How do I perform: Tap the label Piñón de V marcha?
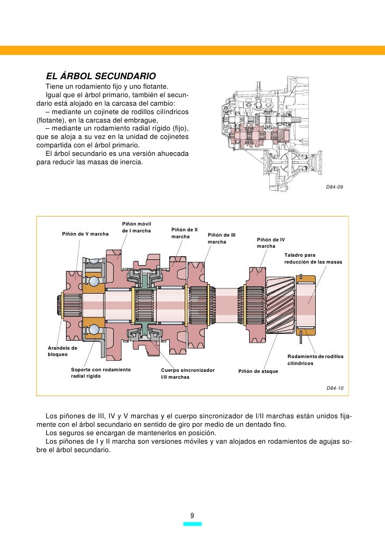[x=85, y=233]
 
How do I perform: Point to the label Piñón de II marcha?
[x=185, y=233]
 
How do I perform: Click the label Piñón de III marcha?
[x=222, y=238]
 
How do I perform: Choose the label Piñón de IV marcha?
[x=271, y=243]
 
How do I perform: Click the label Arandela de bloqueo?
[x=62, y=351]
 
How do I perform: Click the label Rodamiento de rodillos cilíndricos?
[x=315, y=360]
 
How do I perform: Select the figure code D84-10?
[x=335, y=388]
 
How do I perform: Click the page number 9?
[x=192, y=515]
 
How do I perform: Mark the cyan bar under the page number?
[x=192, y=524]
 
